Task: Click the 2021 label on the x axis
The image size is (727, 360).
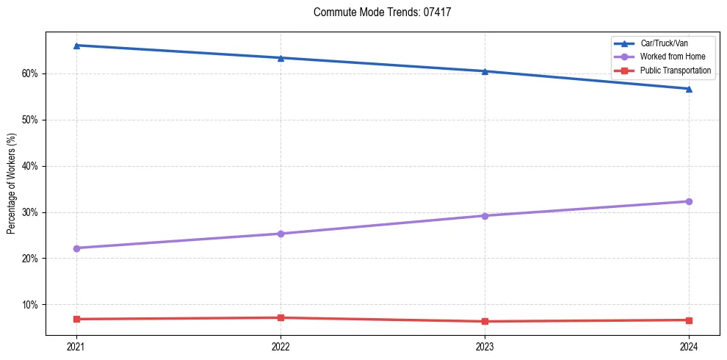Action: tap(76, 346)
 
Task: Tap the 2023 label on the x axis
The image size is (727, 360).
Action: tap(485, 346)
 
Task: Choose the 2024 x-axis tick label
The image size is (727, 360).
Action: tap(689, 346)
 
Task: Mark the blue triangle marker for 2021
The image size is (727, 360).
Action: tap(76, 46)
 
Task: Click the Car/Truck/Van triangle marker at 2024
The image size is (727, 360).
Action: tap(689, 89)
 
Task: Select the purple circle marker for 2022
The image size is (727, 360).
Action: tap(281, 234)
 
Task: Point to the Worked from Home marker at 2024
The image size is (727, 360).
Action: tap(689, 201)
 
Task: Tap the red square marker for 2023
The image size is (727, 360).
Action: tap(485, 321)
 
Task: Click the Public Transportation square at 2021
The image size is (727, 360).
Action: tap(76, 319)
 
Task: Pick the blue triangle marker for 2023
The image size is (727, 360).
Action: tap(485, 71)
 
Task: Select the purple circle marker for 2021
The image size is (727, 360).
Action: tap(76, 248)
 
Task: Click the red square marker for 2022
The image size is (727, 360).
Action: tap(281, 317)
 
